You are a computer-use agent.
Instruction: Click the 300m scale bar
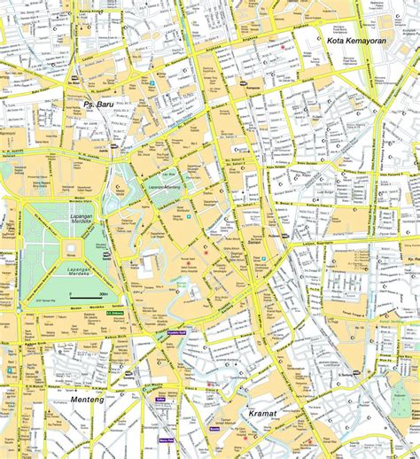click(93, 294)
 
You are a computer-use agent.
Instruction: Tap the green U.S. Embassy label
click(115, 312)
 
